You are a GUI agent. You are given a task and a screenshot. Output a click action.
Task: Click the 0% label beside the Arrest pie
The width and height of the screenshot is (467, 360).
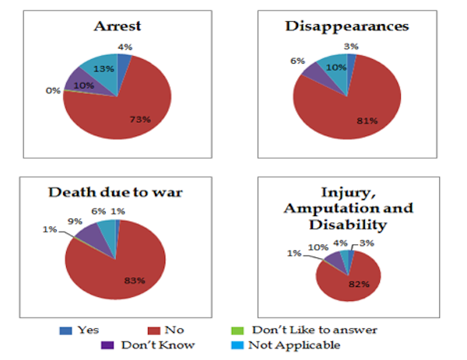(x=53, y=90)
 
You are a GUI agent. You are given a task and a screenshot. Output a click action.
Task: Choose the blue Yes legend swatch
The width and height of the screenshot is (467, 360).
(x=65, y=330)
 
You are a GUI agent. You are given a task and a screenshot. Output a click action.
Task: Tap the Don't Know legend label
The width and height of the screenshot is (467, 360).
(x=163, y=344)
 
